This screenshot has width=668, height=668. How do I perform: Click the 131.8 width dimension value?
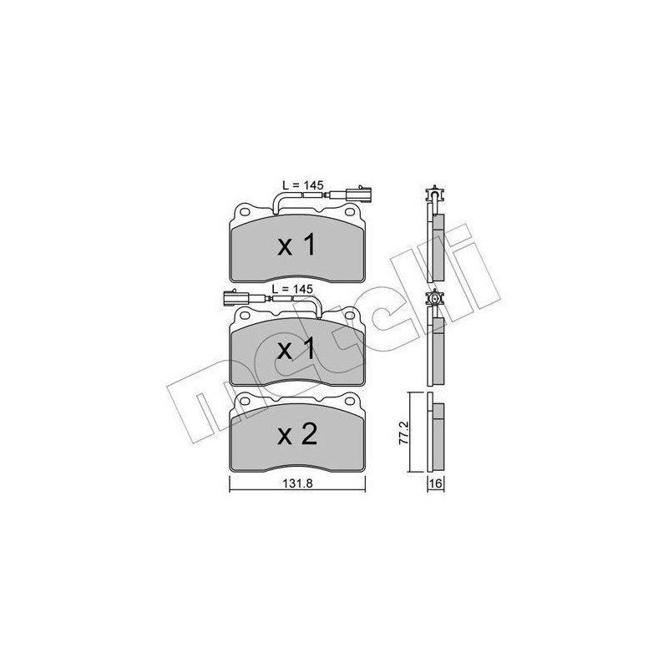pyautogui.click(x=298, y=483)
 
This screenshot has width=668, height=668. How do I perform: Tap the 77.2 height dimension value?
pyautogui.click(x=403, y=433)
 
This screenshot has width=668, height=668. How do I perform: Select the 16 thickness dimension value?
pyautogui.click(x=435, y=483)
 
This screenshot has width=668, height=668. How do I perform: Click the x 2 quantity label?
pyautogui.click(x=297, y=435)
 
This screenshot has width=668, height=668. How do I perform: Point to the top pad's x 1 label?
pyautogui.click(x=297, y=245)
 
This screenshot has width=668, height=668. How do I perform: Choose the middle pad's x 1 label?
pyautogui.click(x=297, y=349)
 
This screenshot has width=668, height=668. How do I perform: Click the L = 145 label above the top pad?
pyautogui.click(x=303, y=185)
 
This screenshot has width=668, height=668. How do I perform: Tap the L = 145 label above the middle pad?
pyautogui.click(x=292, y=289)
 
